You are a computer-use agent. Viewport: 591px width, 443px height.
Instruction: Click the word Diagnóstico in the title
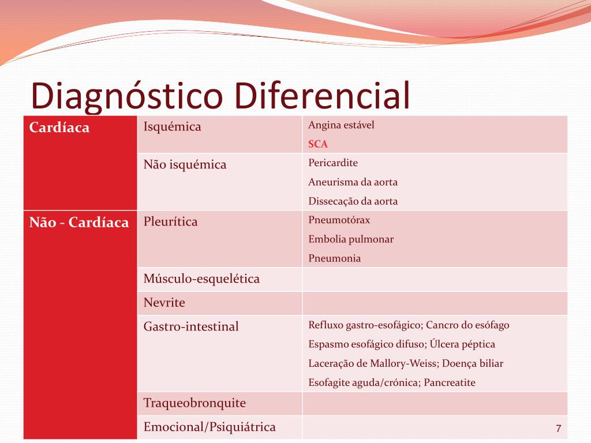pos(127,96)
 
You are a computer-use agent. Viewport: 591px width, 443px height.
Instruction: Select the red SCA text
pos(318,144)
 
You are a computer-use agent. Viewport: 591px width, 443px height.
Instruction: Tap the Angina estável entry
pos(341,125)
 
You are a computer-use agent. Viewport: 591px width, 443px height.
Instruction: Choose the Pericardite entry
pos(333,163)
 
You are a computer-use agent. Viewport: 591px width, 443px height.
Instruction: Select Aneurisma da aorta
pos(353,182)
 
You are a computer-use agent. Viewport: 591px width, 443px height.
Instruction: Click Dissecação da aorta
pos(353,201)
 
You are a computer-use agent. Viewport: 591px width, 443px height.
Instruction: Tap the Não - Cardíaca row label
pos(79,222)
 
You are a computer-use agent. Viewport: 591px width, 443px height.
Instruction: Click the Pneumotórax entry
pos(339,220)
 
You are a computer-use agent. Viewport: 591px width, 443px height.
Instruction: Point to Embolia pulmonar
pos(351,239)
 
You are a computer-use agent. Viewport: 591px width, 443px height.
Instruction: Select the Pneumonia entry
pos(334,258)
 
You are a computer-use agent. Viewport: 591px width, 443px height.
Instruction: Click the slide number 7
pos(558,429)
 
